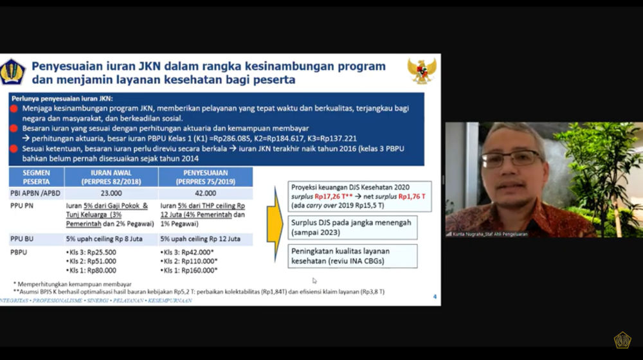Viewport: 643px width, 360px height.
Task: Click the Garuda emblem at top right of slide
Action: [422, 71]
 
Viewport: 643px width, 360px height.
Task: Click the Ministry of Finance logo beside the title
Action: [12, 72]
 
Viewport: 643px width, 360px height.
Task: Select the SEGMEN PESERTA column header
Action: [35, 177]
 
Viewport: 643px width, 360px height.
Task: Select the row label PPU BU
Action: [23, 239]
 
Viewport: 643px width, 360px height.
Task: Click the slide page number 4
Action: [435, 296]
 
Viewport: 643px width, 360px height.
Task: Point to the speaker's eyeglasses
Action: [511, 158]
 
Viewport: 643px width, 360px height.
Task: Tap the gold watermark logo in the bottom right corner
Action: [622, 340]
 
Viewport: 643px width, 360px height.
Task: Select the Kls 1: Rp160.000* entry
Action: [190, 270]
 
